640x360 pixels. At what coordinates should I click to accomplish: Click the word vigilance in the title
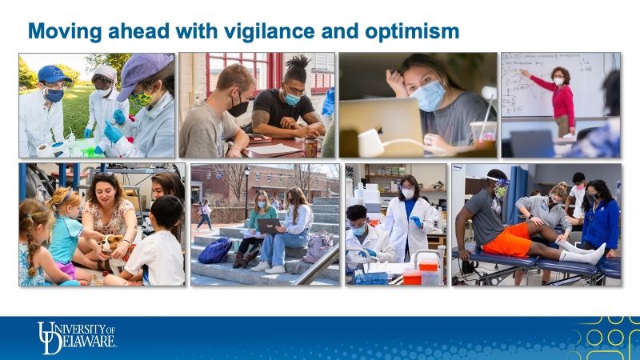[270, 32]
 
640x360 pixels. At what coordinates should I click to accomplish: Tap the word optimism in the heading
[412, 32]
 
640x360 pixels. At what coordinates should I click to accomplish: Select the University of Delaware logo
[77, 338]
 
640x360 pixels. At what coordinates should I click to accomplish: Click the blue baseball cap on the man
[53, 74]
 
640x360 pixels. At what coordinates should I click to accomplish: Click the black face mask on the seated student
[238, 108]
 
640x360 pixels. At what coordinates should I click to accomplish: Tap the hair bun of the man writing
[298, 65]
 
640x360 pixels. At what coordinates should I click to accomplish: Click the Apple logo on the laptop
[380, 130]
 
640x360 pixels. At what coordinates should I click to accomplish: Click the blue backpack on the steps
[215, 250]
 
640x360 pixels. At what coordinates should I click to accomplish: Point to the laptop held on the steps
[269, 226]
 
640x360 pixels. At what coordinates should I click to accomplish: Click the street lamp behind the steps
[246, 192]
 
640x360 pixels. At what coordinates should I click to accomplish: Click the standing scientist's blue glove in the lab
[416, 222]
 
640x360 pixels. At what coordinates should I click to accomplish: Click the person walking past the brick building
[204, 215]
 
